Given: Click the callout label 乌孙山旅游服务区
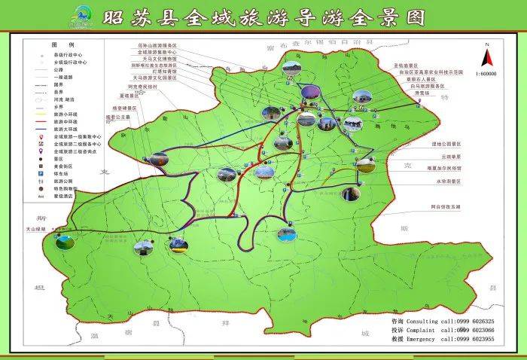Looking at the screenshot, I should tap(157, 44).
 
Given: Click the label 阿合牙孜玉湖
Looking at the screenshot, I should tap(446, 205).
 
